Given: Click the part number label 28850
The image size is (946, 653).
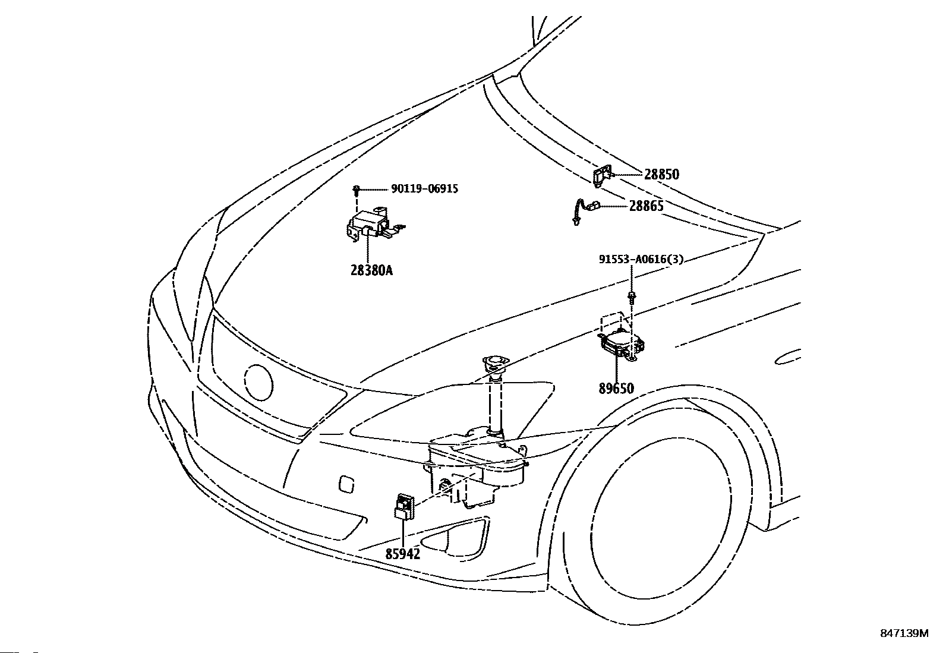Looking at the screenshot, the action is [x=661, y=175].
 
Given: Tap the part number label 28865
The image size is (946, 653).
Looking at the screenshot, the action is [x=646, y=206].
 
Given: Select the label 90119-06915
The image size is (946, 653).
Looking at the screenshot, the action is [x=424, y=189].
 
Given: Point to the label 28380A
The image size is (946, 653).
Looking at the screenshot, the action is [x=371, y=270].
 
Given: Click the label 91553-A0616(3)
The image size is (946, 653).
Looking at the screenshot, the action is [x=641, y=259].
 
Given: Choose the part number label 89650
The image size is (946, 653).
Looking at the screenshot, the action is [x=616, y=389].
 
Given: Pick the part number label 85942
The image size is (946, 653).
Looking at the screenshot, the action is [x=403, y=554].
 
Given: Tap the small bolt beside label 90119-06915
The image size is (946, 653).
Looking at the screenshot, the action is [x=357, y=190].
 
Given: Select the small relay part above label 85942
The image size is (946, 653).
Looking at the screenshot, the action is [x=404, y=506].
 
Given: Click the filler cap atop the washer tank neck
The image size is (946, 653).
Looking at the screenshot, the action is [x=496, y=364].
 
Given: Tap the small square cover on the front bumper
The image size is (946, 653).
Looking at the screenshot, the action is [x=346, y=484].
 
